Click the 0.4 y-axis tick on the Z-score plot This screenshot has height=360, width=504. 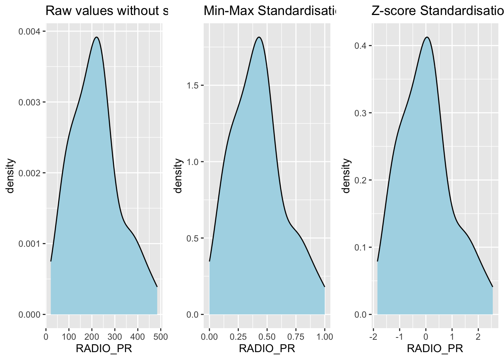[x=361, y=46]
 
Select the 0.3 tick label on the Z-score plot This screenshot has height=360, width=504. [x=361, y=113]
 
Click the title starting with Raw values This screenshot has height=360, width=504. [x=106, y=11]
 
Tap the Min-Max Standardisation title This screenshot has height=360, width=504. [x=269, y=11]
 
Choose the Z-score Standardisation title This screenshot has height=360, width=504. [x=437, y=11]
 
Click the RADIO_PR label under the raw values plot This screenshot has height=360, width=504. [x=104, y=349]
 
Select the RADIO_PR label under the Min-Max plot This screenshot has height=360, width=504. [x=267, y=349]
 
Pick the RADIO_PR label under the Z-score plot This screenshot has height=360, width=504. [x=435, y=349]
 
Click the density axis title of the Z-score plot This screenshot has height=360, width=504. [x=346, y=175]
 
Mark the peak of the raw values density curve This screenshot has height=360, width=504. [x=96, y=37]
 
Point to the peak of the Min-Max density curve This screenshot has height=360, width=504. [x=259, y=37]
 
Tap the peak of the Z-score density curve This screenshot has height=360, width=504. [x=427, y=37]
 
